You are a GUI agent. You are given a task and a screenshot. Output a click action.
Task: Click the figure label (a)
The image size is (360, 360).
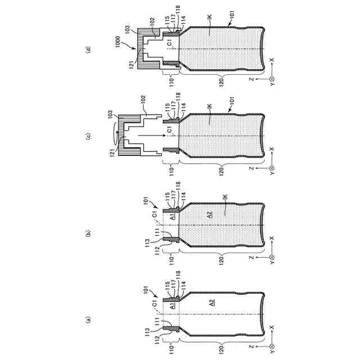click(x=88, y=319)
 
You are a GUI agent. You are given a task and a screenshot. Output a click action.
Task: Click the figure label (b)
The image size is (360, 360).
click(x=88, y=233)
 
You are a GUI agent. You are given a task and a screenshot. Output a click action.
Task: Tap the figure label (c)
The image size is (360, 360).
click(x=88, y=136)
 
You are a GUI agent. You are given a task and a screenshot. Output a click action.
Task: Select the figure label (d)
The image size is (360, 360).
click(x=88, y=50)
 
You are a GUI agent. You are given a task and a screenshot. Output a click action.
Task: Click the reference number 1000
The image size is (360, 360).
click(x=118, y=42)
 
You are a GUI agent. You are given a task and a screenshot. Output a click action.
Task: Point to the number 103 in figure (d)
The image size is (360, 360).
click(x=128, y=29)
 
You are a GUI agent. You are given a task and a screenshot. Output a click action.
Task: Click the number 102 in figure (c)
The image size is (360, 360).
click(x=143, y=100)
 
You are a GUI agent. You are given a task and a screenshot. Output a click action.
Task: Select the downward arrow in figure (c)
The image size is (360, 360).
click(x=151, y=136)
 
